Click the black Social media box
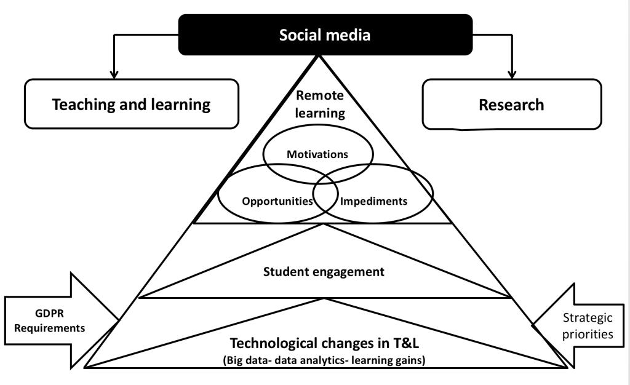tap(325, 34)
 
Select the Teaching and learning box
tap(132, 104)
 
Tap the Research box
tap(512, 105)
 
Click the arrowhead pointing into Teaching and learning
tap(114, 74)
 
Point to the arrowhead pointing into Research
tap(512, 74)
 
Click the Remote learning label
tap(320, 104)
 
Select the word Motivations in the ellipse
tap(317, 154)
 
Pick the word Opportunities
tap(277, 201)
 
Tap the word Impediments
tap(373, 200)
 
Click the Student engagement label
tap(324, 272)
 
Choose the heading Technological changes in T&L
tap(324, 343)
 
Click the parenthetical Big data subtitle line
tap(324, 360)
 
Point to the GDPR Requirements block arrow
tap(62, 320)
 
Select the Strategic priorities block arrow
tap(578, 325)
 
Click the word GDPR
tap(49, 313)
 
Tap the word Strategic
tap(588, 317)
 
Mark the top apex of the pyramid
tap(319, 56)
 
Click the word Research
tap(511, 105)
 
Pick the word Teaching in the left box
tap(84, 105)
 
